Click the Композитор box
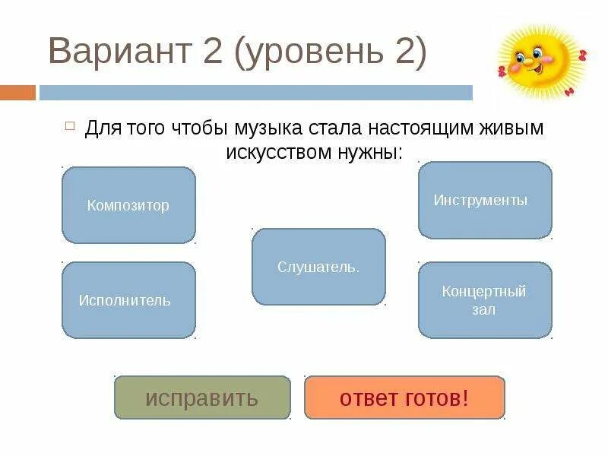(x=128, y=205)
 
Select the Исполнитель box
(x=128, y=300)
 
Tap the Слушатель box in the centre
(x=318, y=267)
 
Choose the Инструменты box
(x=485, y=200)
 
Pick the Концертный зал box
(x=485, y=300)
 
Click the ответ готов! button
(x=404, y=397)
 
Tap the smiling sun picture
(x=541, y=59)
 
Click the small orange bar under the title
(x=17, y=93)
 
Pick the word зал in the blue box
(x=483, y=310)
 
